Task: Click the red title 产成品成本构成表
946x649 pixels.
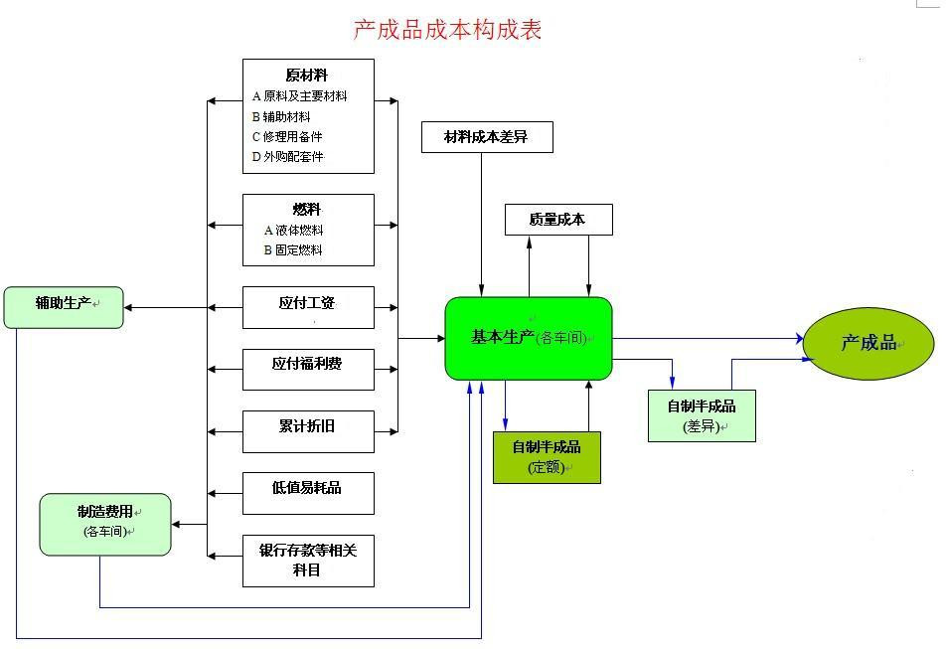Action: [x=447, y=30]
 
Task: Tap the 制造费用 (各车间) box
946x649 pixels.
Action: [x=105, y=524]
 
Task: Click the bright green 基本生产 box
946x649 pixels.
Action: [x=528, y=338]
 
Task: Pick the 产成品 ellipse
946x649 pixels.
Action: [x=867, y=344]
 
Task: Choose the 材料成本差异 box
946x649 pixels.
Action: [x=486, y=137]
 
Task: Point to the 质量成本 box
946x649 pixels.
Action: [x=557, y=220]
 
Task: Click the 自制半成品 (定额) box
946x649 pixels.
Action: [x=547, y=457]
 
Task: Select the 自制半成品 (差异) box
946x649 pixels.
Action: [x=702, y=416]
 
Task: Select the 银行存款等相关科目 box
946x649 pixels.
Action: [x=308, y=561]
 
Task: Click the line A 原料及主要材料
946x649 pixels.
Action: [x=300, y=96]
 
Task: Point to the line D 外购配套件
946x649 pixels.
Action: [x=288, y=156]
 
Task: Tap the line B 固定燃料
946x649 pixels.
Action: [x=293, y=250]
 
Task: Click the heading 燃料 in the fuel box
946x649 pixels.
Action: [x=307, y=210]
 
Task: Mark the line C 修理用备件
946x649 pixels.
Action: [x=288, y=136]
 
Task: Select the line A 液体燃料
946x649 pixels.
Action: [x=293, y=231]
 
